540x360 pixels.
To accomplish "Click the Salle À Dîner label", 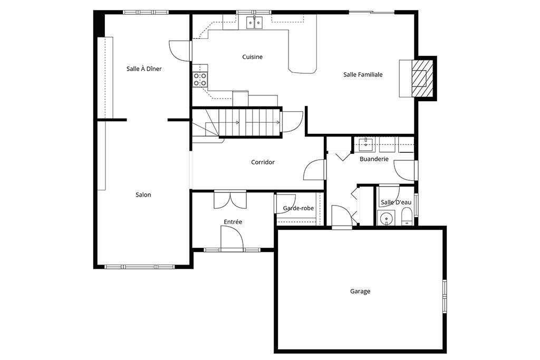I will pos(144,69).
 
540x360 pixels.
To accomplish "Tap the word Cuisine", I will pos(252,57).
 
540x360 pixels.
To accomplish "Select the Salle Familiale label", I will pos(363,75).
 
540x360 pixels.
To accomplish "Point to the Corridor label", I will pos(263,162).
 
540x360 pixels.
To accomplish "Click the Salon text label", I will pos(143,195).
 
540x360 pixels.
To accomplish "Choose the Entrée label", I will pos(233,222).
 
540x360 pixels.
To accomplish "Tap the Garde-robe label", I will pos(298,208).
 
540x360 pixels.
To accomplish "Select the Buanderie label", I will pos(374,159).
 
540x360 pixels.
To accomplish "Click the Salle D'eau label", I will pos(396,202).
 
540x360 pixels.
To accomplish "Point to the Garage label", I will pos(360,291).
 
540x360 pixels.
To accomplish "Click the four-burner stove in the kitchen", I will pos(200,79).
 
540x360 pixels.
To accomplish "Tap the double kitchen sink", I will pos(255,22).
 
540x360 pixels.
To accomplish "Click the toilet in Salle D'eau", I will pos(407,217).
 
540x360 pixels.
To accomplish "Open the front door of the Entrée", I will pos(232,238).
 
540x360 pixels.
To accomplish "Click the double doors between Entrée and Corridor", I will pos(230,199).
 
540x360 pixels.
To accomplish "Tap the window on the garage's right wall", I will pos(445,295).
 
